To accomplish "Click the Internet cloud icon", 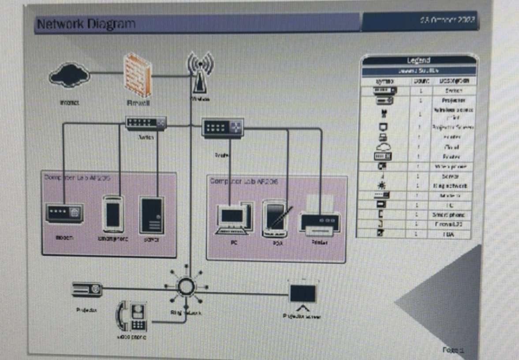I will (x=70, y=75).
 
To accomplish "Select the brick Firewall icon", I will (x=138, y=75).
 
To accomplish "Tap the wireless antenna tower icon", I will (x=200, y=73).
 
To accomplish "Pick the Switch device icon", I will (x=146, y=123).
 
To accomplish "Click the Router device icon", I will (x=223, y=127).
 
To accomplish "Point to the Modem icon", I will (x=64, y=213).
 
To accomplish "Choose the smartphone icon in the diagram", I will (x=113, y=214).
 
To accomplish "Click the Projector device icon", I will (x=87, y=289).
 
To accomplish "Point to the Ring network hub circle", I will (x=185, y=286).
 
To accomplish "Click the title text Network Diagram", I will (x=86, y=24).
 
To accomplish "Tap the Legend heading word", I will (x=418, y=60).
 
